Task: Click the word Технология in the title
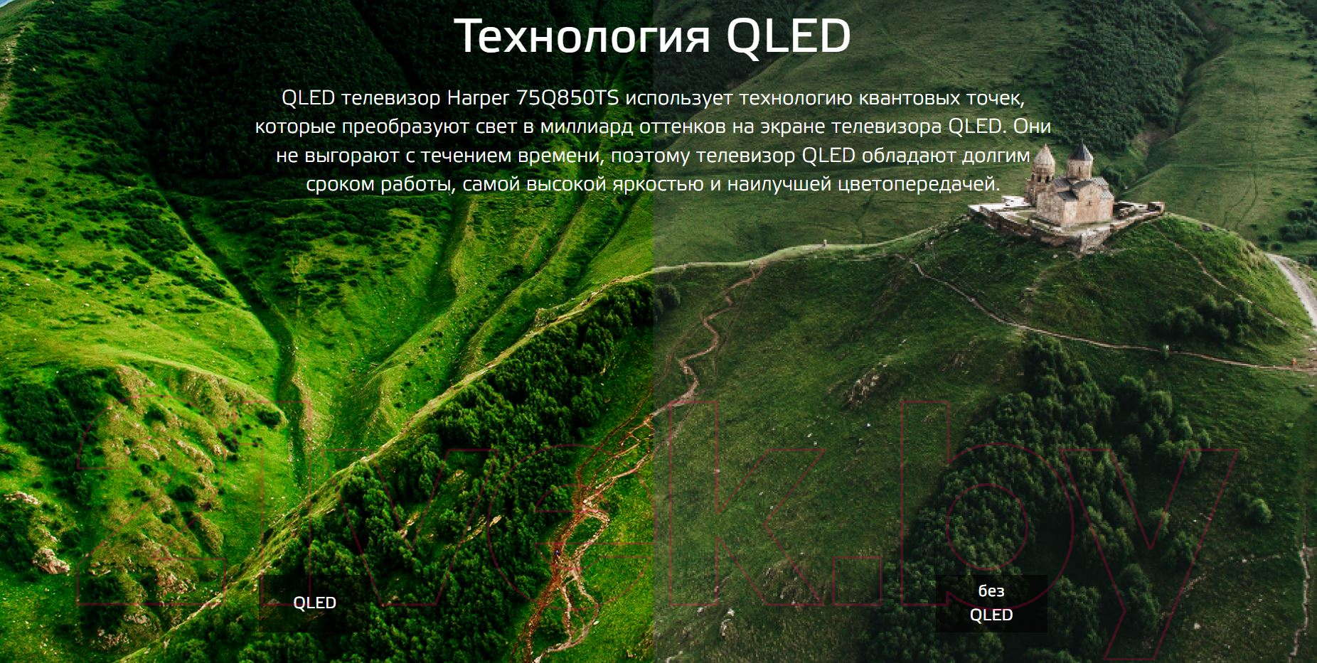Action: pos(582,37)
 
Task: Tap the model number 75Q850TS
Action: pos(567,97)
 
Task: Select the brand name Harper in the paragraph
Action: pos(479,99)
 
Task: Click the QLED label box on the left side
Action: pos(314,603)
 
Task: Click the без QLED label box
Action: pos(991,603)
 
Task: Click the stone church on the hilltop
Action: pos(1067,193)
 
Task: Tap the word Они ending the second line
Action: pos(1032,126)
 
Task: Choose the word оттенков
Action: pos(684,127)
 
